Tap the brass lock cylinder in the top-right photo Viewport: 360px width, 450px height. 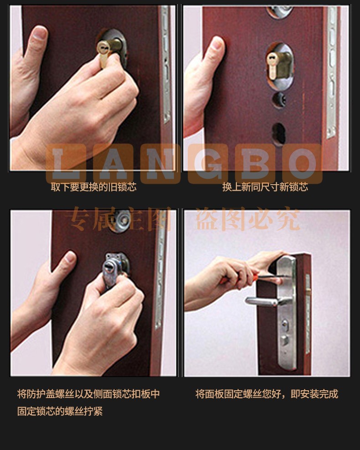click(278, 65)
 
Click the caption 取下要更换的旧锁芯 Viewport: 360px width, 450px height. click(93, 187)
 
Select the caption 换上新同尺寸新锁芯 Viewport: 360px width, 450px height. click(265, 187)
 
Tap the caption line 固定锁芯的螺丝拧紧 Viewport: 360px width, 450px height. click(60, 411)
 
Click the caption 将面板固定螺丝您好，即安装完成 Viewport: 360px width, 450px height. click(267, 394)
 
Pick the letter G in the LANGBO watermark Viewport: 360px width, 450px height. click(208, 164)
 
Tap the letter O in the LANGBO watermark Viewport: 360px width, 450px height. click(302, 164)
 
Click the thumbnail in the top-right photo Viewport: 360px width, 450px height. click(217, 43)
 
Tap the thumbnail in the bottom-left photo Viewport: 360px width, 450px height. click(70, 256)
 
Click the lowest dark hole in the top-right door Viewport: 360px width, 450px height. click(278, 134)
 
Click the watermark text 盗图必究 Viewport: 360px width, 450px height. click(248, 219)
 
